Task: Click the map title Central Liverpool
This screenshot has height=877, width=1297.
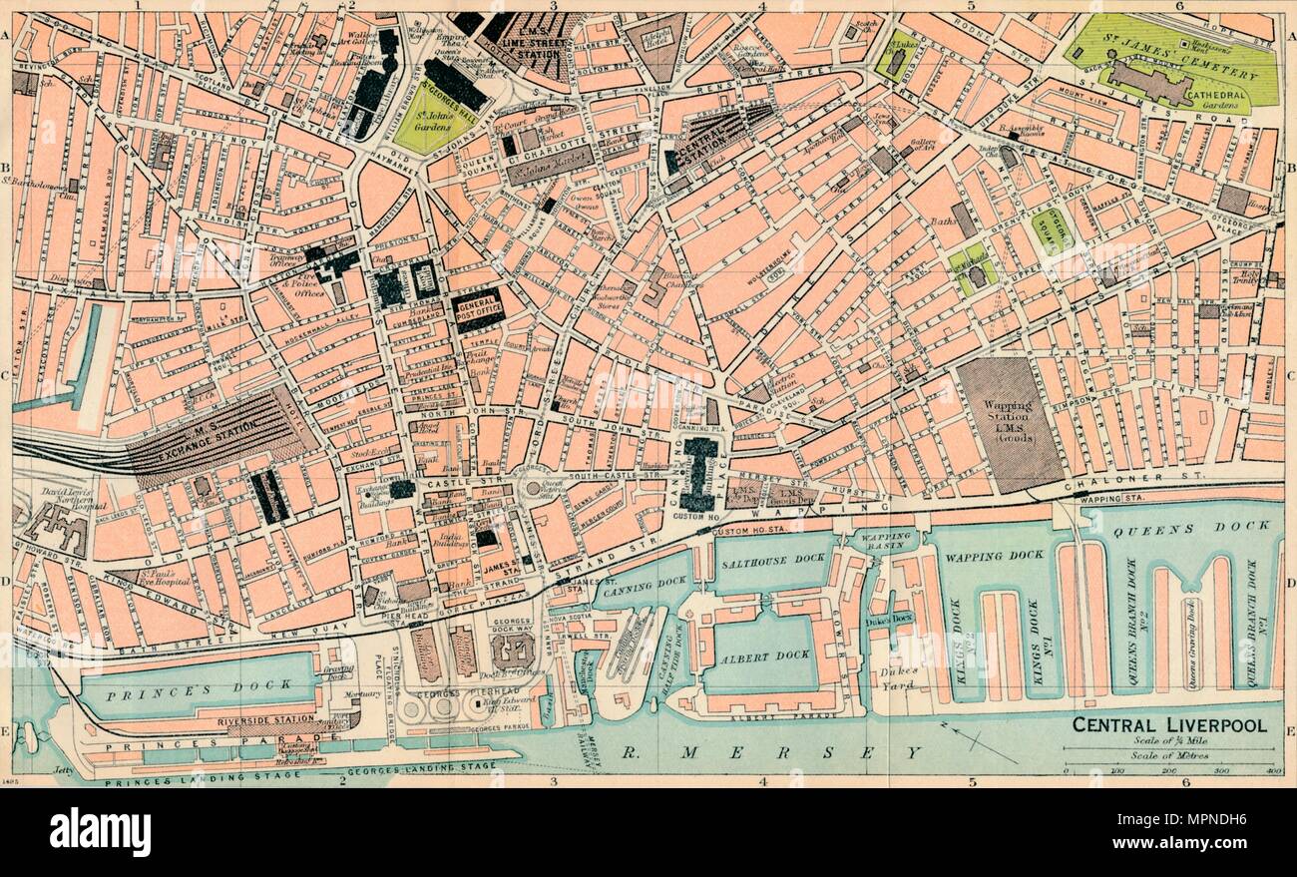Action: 1169,724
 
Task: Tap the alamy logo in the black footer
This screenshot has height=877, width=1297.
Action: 100,831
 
